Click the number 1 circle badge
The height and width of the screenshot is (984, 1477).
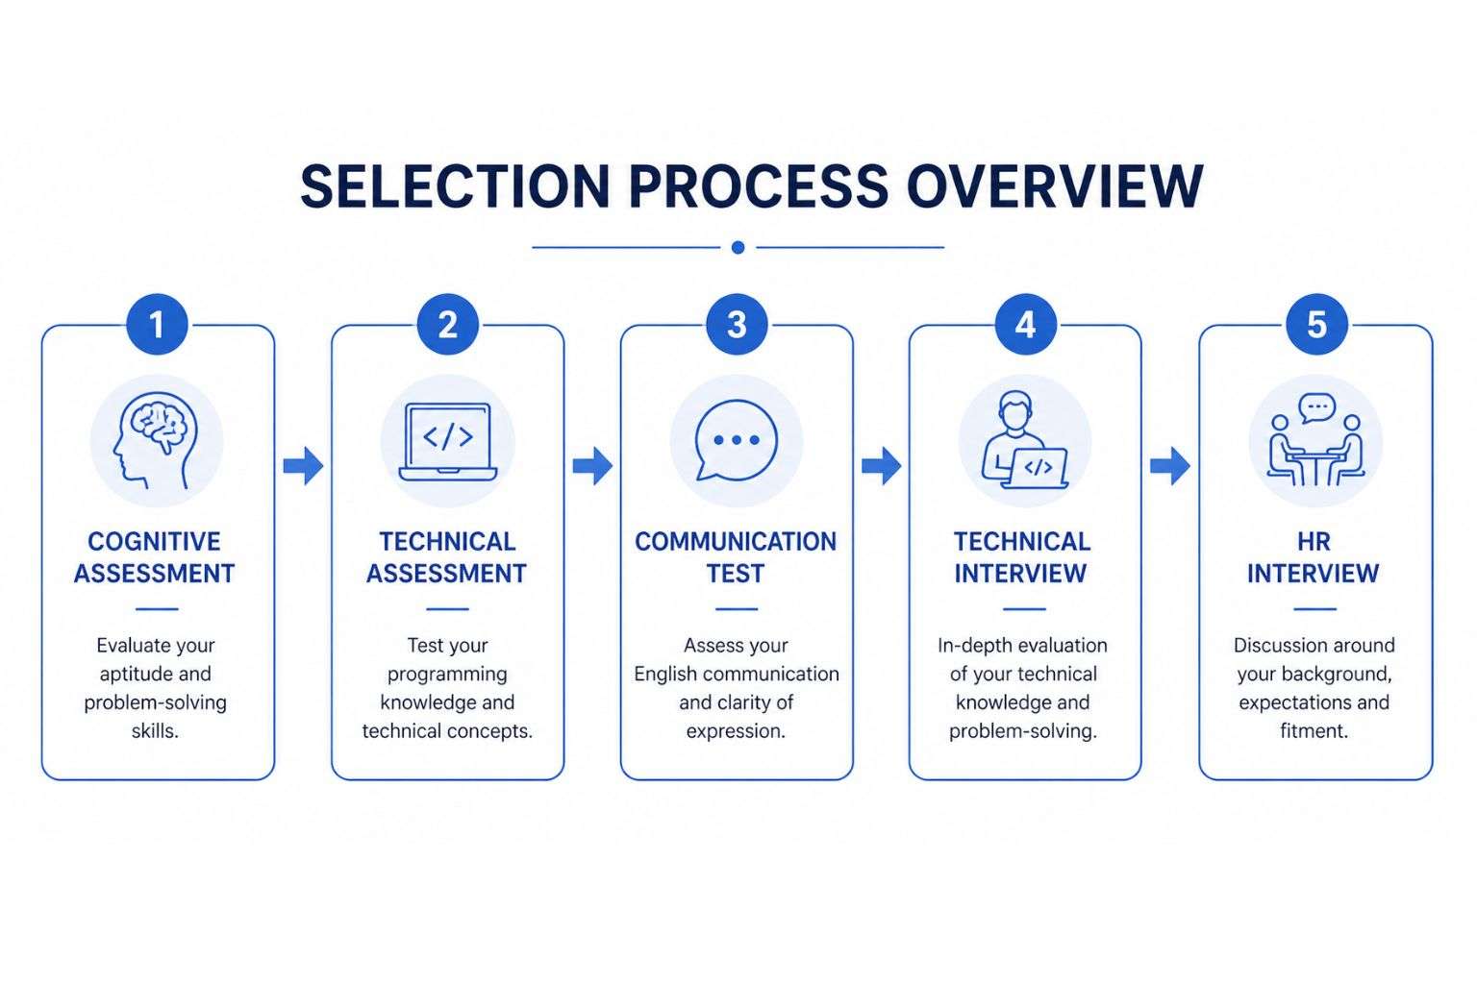pos(157,325)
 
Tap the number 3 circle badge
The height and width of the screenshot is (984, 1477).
pos(737,325)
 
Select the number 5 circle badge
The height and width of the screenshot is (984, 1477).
pos(1316,325)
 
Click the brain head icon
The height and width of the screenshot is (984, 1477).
pos(157,441)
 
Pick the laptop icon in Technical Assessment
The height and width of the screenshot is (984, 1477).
pos(448,441)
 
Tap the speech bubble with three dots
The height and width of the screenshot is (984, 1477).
pos(737,440)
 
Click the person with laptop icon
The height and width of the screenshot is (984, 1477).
pos(1025,441)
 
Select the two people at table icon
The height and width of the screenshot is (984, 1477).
pos(1315,441)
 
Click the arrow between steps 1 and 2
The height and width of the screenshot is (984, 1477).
pos(303,466)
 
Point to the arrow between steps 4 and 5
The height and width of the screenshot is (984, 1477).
pos(1170,466)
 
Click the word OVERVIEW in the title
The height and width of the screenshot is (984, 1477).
pos(1055,186)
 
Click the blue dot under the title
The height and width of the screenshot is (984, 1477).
pos(738,247)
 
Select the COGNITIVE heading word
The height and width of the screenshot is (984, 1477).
pos(155,542)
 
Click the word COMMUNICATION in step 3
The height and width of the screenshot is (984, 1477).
pos(736,542)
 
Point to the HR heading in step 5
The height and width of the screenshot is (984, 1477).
pos(1314,542)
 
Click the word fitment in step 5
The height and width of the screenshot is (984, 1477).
pos(1314,731)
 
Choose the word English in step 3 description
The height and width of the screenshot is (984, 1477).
pos(669,675)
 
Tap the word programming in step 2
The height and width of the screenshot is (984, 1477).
pos(447,675)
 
